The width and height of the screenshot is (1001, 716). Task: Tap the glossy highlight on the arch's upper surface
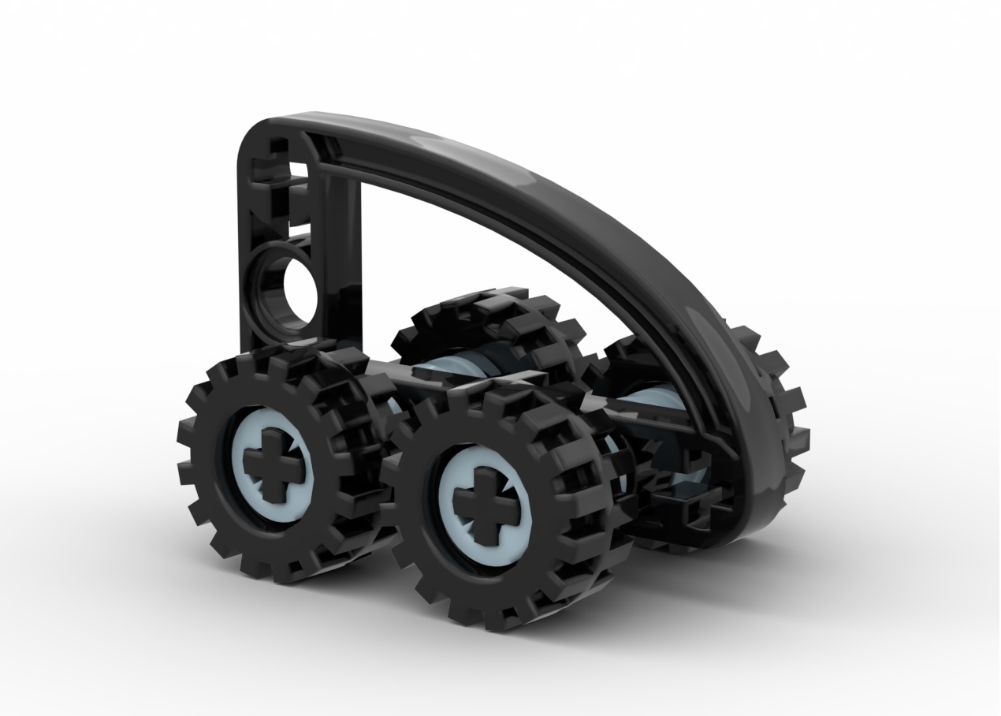click(x=441, y=146)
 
